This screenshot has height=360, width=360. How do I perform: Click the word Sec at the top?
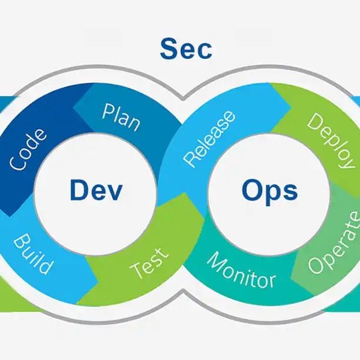coord(186,49)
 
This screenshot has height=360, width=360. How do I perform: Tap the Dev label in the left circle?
coord(96,190)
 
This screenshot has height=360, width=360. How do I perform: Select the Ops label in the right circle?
coord(270,192)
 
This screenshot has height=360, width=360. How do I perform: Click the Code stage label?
coord(28,150)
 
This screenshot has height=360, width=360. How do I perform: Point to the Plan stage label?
coord(121,118)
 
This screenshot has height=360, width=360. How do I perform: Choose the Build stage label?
coord(32,254)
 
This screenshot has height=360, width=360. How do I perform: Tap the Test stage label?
coord(149,263)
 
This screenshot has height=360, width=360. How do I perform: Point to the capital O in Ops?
coord(252,190)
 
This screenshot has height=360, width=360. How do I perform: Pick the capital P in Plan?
coord(108,112)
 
